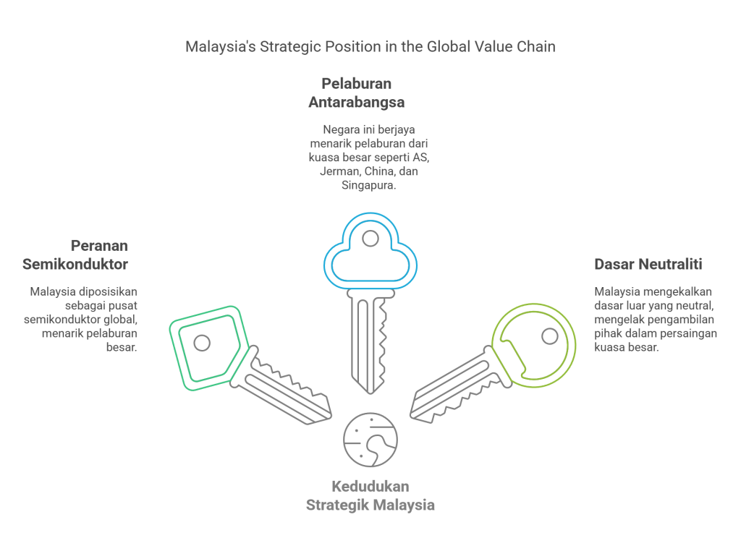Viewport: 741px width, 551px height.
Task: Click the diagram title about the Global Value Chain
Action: point(370,47)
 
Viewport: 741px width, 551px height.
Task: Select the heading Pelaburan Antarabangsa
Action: point(356,93)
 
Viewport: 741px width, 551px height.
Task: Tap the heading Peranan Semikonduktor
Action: point(76,255)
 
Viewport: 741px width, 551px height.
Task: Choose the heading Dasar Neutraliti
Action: point(648,264)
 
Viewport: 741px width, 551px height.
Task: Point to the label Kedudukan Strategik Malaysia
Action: point(370,495)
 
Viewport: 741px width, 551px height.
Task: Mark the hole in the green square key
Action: point(203,342)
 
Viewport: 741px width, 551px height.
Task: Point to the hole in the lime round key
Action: point(549,336)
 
